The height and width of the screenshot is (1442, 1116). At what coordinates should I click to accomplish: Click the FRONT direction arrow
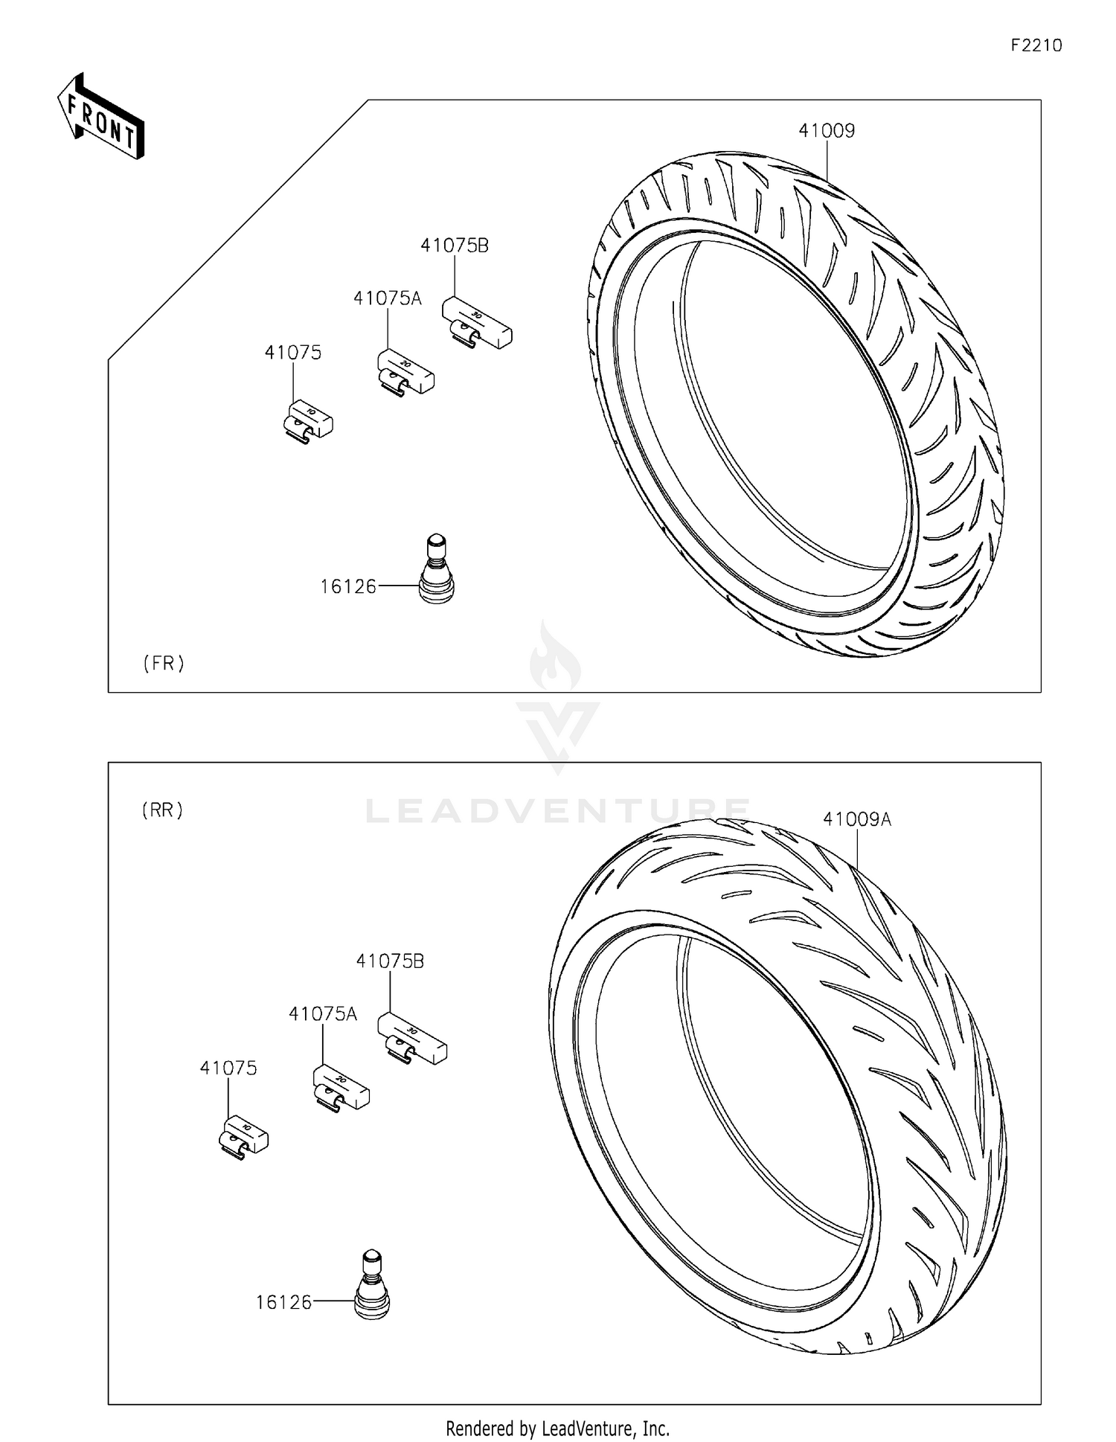pyautogui.click(x=101, y=118)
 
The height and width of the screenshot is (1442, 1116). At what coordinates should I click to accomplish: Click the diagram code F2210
pyautogui.click(x=1036, y=45)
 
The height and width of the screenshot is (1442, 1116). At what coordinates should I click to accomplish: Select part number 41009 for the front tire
pyautogui.click(x=827, y=131)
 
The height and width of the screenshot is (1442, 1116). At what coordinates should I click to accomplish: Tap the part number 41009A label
pyautogui.click(x=856, y=820)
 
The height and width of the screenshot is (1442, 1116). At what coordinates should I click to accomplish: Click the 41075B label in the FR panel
pyautogui.click(x=455, y=246)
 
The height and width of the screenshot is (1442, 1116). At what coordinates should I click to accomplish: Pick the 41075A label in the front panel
pyautogui.click(x=387, y=299)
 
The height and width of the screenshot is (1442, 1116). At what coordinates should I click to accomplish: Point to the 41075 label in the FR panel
pyautogui.click(x=293, y=353)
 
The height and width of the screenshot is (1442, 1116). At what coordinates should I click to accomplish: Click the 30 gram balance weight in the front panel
pyautogui.click(x=477, y=321)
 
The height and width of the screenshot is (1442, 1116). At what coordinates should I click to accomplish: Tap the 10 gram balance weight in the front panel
pyautogui.click(x=309, y=420)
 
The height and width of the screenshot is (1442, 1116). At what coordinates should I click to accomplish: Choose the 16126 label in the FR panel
pyautogui.click(x=348, y=587)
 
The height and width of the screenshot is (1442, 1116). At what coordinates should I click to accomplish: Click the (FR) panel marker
pyautogui.click(x=164, y=663)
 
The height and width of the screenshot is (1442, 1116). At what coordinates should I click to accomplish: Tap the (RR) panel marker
pyautogui.click(x=162, y=810)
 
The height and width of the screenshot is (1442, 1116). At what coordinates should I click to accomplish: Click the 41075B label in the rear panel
pyautogui.click(x=390, y=961)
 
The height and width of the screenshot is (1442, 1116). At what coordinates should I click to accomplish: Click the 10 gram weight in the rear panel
pyautogui.click(x=244, y=1137)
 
